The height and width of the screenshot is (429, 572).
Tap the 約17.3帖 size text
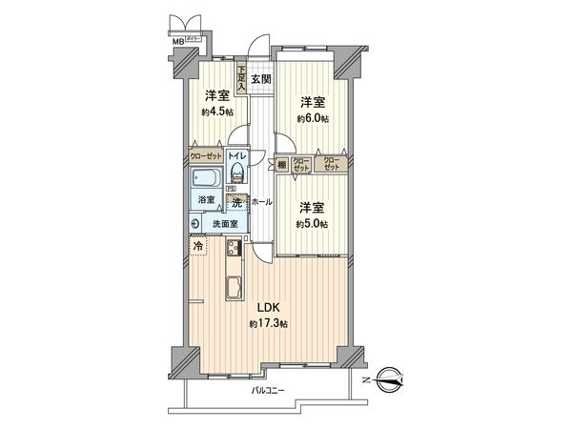tap(268, 325)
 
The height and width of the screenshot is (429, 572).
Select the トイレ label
tap(238, 154)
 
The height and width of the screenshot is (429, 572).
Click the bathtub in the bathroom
tap(206, 177)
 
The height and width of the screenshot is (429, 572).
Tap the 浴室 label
tap(206, 201)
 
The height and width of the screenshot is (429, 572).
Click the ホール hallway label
tap(263, 202)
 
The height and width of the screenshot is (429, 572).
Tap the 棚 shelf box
tap(282, 162)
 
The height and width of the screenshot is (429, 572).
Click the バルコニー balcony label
tap(270, 391)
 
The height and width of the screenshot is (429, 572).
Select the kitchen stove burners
tap(232, 250)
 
